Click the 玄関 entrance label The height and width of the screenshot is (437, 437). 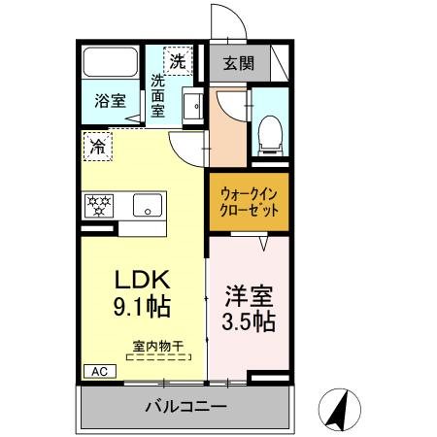pyautogui.click(x=238, y=66)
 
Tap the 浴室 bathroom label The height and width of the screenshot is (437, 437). pyautogui.click(x=111, y=100)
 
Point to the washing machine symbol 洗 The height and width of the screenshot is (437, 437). pyautogui.click(x=178, y=61)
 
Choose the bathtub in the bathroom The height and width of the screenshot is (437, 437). pyautogui.click(x=110, y=63)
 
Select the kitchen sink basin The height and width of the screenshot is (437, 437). pyautogui.click(x=148, y=206)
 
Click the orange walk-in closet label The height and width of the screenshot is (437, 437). pyautogui.click(x=248, y=201)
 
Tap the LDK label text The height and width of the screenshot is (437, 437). pyautogui.click(x=142, y=282)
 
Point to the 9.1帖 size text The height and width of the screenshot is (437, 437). pyautogui.click(x=142, y=310)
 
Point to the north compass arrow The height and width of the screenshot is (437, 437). pyautogui.click(x=339, y=408)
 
